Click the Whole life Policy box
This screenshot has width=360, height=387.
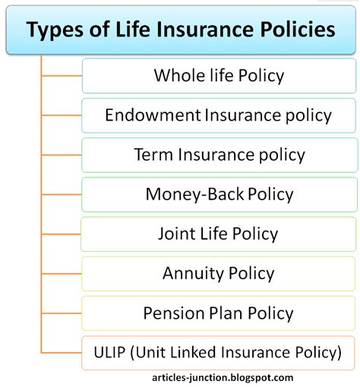click(x=218, y=76)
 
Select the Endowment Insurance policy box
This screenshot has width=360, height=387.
click(x=218, y=115)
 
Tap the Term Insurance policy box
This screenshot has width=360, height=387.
click(x=218, y=155)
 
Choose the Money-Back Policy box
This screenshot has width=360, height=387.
click(x=218, y=194)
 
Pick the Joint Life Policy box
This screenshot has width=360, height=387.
click(x=218, y=234)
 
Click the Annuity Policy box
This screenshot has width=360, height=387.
click(x=218, y=273)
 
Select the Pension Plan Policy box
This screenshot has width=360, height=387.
click(x=218, y=313)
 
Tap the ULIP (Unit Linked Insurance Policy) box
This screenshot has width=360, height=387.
click(x=218, y=352)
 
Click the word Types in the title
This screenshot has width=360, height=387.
click(x=54, y=31)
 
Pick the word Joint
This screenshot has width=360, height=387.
click(x=177, y=234)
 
